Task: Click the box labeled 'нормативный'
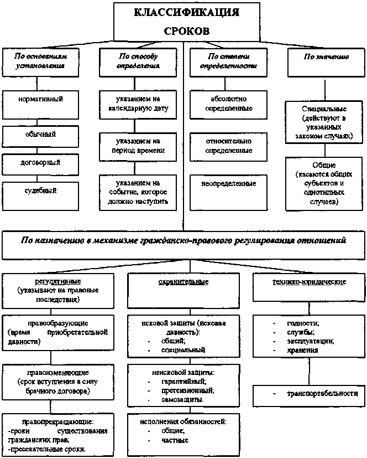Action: pos(40,100)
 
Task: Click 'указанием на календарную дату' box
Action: pos(138,104)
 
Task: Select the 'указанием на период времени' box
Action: pos(138,145)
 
